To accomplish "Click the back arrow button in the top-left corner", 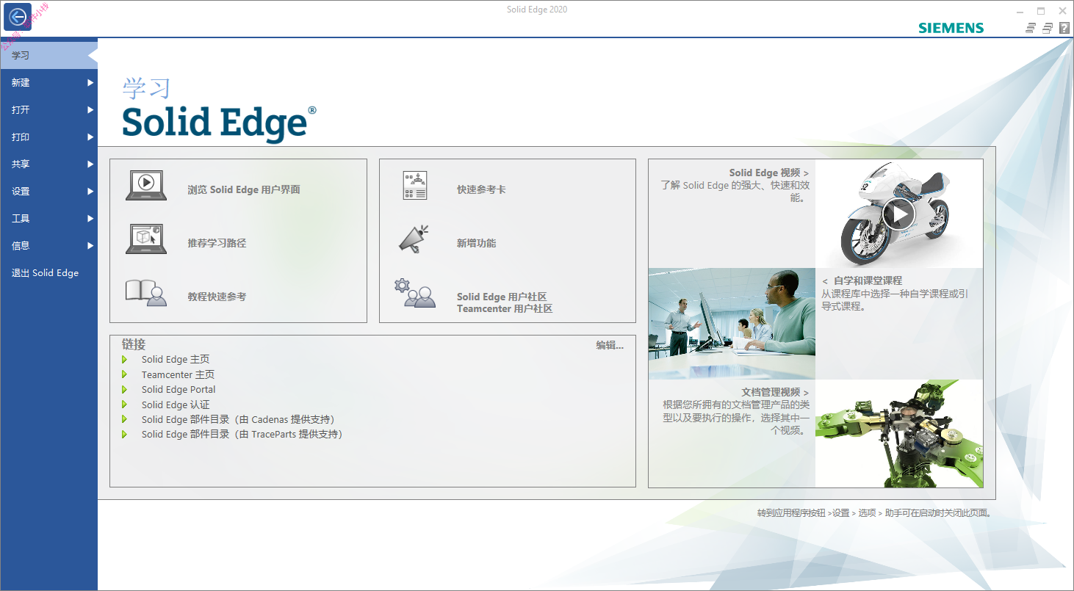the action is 18,17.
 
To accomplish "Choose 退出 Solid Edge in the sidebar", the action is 45,272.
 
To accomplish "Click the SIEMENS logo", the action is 951,29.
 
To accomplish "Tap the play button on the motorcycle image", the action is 898,214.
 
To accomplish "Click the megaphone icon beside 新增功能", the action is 414,239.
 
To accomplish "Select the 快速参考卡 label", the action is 481,189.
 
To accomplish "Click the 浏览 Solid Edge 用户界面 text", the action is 244,189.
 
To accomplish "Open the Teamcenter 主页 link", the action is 178,374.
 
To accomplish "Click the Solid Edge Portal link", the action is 179,389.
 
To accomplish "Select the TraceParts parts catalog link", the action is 242,435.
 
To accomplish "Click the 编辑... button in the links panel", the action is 610,345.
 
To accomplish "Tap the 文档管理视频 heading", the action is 771,392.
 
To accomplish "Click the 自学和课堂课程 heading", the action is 868,280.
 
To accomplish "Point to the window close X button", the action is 1062,10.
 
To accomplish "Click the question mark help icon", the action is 1064,29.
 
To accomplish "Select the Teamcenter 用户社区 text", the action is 505,308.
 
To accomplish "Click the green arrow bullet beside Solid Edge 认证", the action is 124,405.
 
